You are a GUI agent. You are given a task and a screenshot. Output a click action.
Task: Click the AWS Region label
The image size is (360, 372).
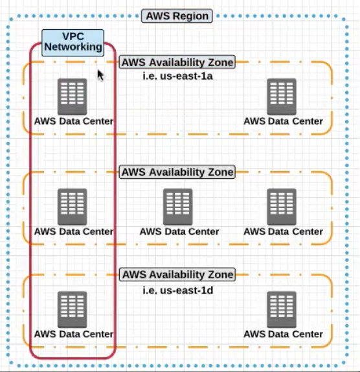(x=177, y=16)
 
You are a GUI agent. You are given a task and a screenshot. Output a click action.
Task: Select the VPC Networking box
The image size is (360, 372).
(x=73, y=43)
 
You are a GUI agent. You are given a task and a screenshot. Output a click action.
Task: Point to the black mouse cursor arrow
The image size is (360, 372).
(x=100, y=75)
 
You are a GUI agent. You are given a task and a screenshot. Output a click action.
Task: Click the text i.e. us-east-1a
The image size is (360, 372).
(x=178, y=76)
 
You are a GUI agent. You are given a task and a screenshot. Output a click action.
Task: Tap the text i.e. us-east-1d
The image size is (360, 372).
(x=178, y=290)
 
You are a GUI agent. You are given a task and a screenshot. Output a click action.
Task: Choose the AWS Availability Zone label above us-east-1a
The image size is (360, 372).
(x=177, y=62)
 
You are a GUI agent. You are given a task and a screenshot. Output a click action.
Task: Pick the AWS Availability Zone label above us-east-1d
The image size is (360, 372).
(x=177, y=275)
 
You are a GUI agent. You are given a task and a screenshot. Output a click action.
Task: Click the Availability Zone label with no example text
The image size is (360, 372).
(x=177, y=172)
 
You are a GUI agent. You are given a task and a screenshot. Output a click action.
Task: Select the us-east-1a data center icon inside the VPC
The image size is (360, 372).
(x=73, y=97)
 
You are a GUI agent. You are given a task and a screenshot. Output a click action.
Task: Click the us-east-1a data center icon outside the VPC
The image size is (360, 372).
(x=282, y=97)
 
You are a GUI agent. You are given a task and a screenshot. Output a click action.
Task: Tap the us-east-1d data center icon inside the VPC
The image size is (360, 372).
(x=73, y=310)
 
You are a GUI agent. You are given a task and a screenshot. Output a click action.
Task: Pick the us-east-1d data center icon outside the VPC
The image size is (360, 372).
(x=282, y=310)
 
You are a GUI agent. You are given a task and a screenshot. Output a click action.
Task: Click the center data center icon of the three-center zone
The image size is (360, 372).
(x=178, y=207)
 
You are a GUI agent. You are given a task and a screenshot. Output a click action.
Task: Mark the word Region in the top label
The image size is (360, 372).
(x=190, y=16)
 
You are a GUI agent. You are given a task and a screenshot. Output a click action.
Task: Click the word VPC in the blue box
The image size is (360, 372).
(x=73, y=36)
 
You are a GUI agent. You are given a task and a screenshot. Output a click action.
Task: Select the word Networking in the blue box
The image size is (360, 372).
(x=73, y=47)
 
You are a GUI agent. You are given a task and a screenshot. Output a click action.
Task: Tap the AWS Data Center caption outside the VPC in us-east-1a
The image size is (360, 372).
(x=283, y=121)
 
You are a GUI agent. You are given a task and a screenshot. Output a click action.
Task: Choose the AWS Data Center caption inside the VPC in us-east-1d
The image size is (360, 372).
(x=74, y=334)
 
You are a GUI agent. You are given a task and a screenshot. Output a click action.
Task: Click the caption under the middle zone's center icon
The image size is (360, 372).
(x=179, y=231)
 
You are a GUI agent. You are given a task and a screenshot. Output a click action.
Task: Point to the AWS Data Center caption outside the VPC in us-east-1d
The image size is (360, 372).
(x=283, y=334)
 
